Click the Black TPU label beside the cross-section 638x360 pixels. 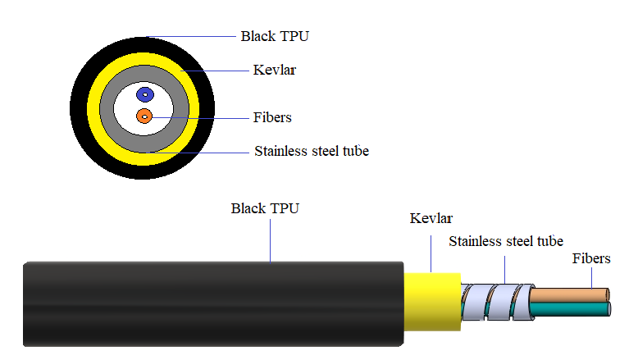click(x=275, y=36)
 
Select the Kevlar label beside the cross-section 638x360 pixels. click(x=275, y=71)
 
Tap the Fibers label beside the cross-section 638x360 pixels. click(x=272, y=117)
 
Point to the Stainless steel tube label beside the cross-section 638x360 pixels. click(x=312, y=151)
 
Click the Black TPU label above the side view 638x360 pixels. click(x=265, y=208)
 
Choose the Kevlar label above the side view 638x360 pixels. click(x=431, y=218)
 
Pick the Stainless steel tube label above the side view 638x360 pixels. click(x=506, y=241)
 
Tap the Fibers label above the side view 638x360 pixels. click(x=591, y=258)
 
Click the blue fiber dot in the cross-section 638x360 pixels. click(x=144, y=94)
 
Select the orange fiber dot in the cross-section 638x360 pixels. click(x=144, y=116)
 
